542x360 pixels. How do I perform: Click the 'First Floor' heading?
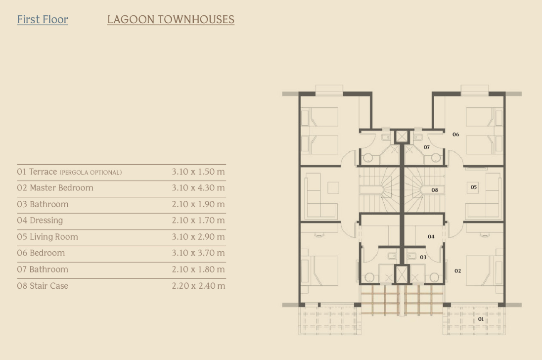[43, 20]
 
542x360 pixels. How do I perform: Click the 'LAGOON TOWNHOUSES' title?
[171, 20]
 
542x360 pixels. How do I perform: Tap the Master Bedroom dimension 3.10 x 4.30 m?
[198, 188]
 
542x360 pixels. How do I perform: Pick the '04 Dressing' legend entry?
[40, 221]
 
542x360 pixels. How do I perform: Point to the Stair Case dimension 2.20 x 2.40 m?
[198, 286]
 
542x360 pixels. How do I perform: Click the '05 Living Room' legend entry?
[47, 237]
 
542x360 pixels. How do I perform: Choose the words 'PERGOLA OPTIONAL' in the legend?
[90, 173]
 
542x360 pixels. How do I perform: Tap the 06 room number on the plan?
[455, 135]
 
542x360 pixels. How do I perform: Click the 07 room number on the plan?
[427, 147]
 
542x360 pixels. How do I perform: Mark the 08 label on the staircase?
[435, 190]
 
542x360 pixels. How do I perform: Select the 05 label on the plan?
[474, 187]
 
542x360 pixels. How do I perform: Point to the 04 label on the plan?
[431, 237]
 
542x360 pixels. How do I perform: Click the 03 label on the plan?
[423, 257]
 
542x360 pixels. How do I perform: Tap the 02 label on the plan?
[457, 271]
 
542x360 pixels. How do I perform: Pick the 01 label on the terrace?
[481, 319]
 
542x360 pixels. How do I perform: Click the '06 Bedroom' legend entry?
[41, 253]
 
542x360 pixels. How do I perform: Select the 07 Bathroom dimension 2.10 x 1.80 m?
[198, 270]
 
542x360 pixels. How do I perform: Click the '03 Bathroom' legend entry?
[43, 204]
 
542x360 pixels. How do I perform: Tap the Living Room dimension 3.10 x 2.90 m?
[198, 237]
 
